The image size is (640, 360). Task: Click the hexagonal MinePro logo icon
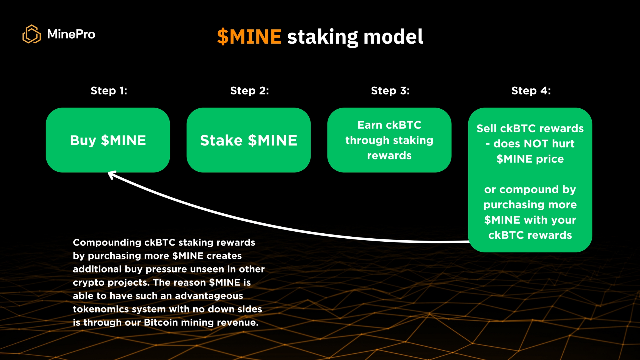click(x=32, y=34)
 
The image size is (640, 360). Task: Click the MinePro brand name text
click(x=71, y=34)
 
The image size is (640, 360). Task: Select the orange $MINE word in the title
click(x=249, y=37)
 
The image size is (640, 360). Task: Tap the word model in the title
click(x=393, y=37)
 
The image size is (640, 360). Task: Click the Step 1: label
click(x=109, y=91)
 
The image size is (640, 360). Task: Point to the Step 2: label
click(x=249, y=91)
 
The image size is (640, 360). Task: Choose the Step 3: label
click(x=390, y=91)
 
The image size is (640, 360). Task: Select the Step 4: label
click(x=531, y=91)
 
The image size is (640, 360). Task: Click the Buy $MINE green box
click(x=108, y=140)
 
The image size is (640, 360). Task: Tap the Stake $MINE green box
click(x=249, y=140)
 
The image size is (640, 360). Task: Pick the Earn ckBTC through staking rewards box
click(x=389, y=140)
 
